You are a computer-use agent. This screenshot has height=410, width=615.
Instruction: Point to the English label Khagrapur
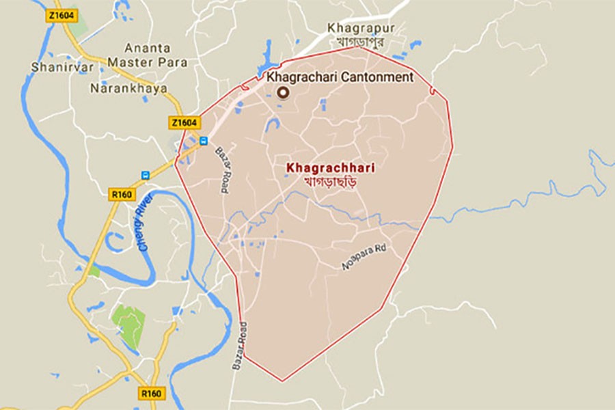tap(355, 28)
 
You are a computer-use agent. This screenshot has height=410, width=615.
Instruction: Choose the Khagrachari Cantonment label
tap(340, 77)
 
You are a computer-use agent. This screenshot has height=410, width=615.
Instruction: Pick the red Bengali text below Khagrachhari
tap(332, 182)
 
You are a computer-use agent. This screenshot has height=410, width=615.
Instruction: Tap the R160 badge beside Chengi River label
tap(121, 195)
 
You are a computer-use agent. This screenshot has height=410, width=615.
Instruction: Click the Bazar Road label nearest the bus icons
tap(224, 171)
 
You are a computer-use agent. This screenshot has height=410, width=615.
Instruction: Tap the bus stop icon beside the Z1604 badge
tap(204, 141)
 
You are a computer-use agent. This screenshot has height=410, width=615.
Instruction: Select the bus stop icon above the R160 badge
tap(145, 175)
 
